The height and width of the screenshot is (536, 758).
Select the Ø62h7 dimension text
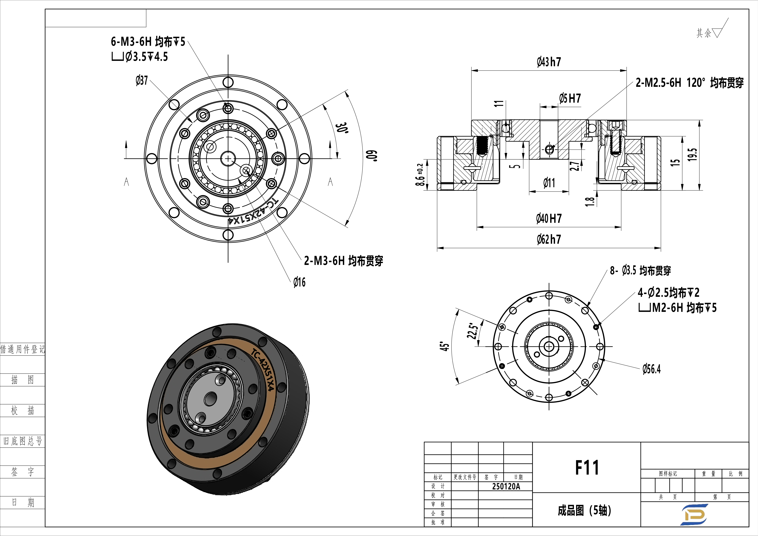coord(549,239)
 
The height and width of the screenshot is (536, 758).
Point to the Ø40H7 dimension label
coord(549,218)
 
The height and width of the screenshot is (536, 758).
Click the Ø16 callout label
coord(299,282)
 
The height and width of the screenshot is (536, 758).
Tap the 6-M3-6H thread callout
coord(148,42)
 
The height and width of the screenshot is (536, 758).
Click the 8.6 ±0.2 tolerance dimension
coord(420,175)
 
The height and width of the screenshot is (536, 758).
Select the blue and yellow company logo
coord(694,514)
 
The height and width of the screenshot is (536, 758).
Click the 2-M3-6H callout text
coord(343,261)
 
